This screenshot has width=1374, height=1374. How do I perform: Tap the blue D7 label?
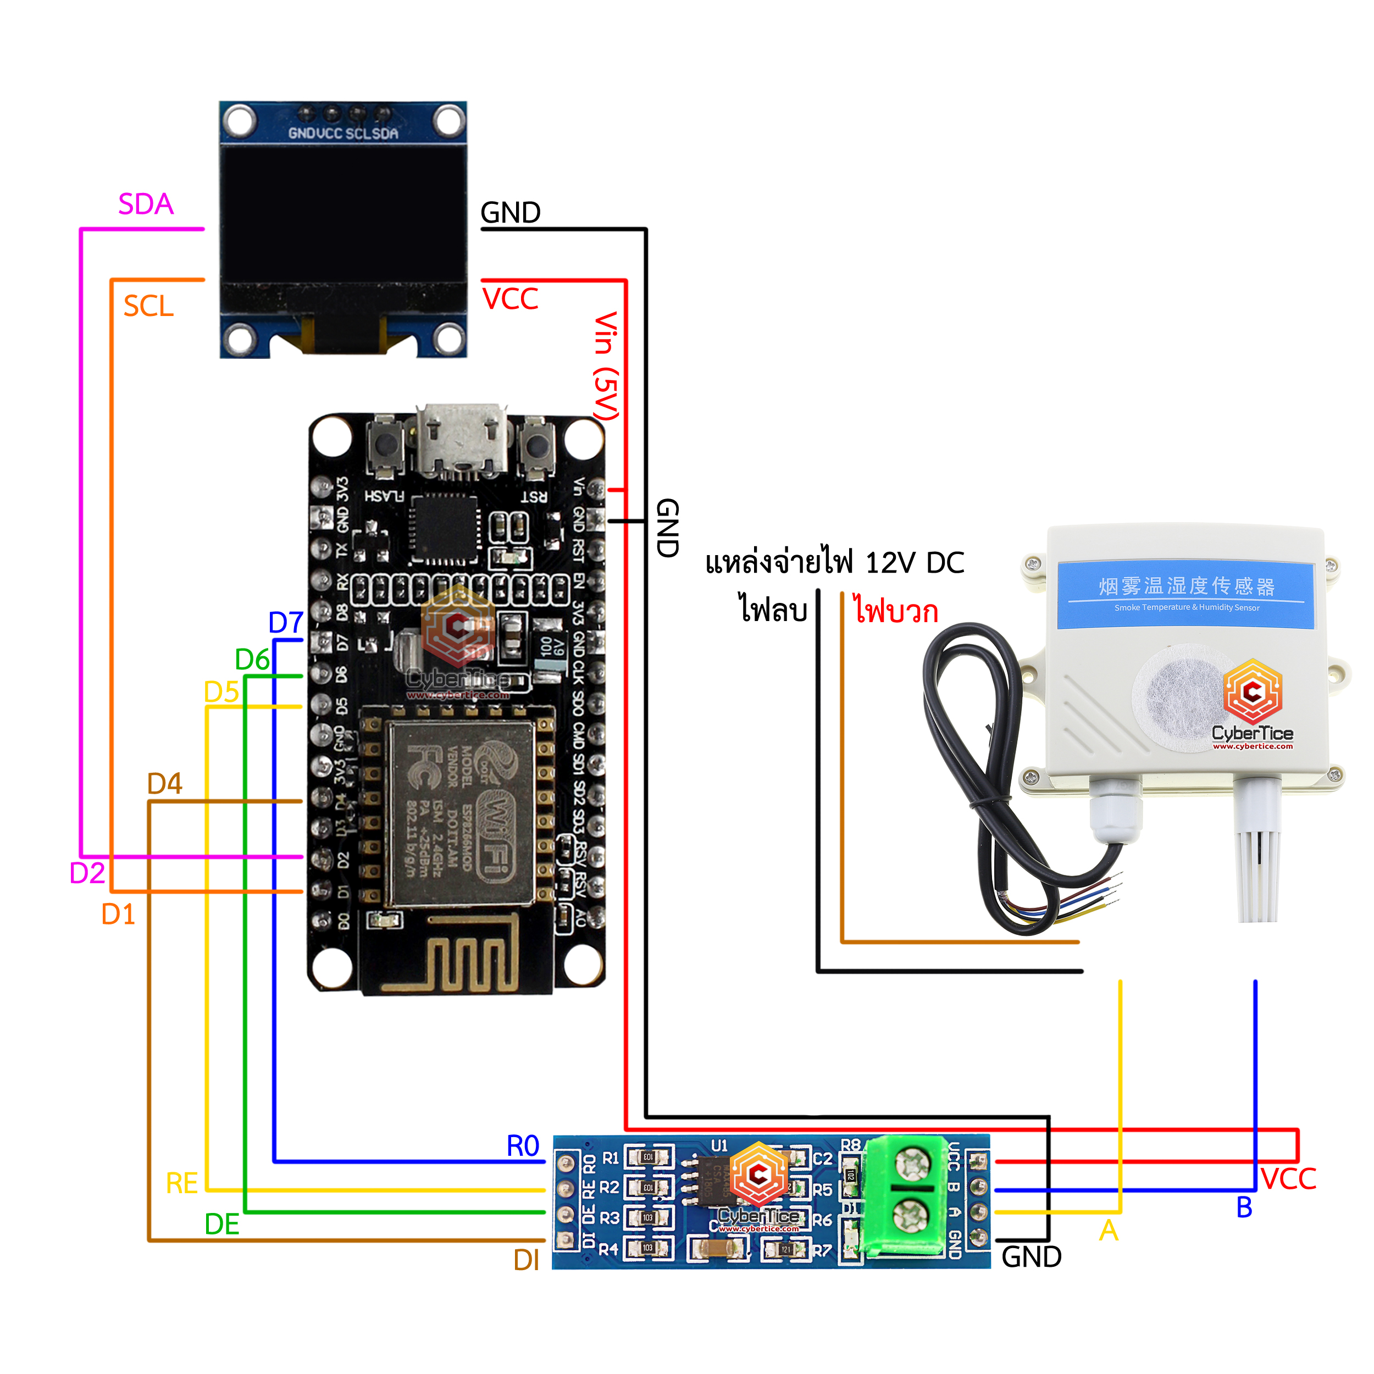click(x=286, y=623)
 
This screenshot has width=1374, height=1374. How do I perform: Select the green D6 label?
click(x=252, y=660)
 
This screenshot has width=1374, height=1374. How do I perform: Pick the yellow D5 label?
click(x=221, y=692)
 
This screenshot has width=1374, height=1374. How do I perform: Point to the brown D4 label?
click(x=164, y=784)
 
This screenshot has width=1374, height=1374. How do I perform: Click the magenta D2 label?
click(x=87, y=873)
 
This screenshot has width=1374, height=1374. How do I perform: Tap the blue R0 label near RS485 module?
click(x=523, y=1146)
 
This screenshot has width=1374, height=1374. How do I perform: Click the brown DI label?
click(x=527, y=1260)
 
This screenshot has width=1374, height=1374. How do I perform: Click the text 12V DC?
click(x=915, y=563)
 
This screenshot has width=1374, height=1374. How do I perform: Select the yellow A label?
click(x=1108, y=1231)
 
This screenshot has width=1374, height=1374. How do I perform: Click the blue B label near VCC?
click(x=1244, y=1207)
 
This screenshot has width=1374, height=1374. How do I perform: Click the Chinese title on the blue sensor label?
click(x=1186, y=586)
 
